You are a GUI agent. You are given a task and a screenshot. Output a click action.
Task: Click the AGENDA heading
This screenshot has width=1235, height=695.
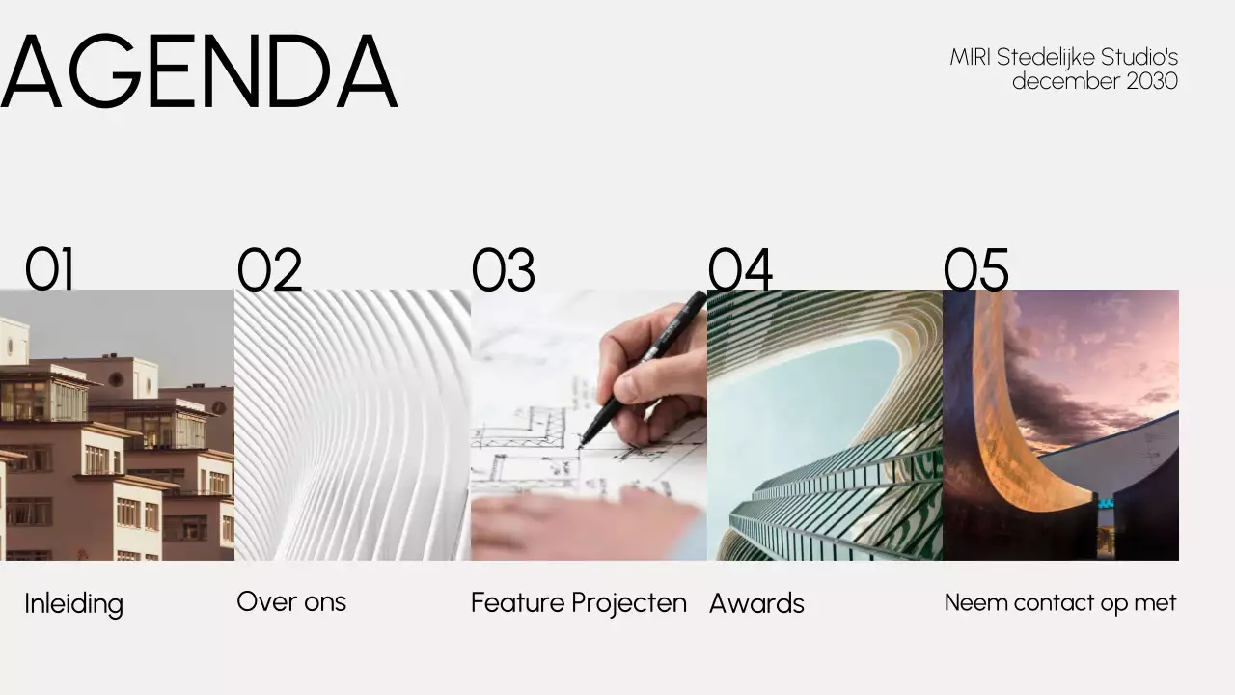(199, 70)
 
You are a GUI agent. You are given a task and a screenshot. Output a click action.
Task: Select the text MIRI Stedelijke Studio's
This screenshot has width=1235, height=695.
(1063, 57)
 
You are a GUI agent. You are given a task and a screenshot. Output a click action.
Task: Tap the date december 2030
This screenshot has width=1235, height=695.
(1095, 81)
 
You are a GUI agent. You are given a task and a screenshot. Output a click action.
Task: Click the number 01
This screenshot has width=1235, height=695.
(49, 268)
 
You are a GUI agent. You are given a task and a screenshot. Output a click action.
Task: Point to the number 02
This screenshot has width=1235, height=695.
(269, 268)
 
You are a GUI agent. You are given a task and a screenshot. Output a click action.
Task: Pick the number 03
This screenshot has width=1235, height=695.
(504, 268)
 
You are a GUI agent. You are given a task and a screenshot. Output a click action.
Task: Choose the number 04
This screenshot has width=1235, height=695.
(740, 268)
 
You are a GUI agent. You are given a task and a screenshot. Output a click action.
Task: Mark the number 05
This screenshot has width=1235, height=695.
(975, 268)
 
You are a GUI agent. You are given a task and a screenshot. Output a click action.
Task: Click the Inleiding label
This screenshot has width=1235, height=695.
(74, 604)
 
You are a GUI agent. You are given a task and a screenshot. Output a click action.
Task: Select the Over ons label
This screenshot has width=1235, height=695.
(291, 601)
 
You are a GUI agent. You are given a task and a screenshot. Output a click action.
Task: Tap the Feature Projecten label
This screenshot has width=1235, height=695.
(579, 603)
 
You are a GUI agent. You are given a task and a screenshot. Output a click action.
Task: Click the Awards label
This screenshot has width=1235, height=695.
(756, 603)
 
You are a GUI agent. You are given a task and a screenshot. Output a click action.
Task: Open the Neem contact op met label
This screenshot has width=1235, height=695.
(1060, 602)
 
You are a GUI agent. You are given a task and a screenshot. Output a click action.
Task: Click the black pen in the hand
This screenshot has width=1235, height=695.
(643, 368)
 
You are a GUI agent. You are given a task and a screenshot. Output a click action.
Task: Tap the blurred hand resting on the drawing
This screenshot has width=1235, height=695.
(585, 524)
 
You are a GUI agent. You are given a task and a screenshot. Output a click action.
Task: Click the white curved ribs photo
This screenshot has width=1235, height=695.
(353, 426)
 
